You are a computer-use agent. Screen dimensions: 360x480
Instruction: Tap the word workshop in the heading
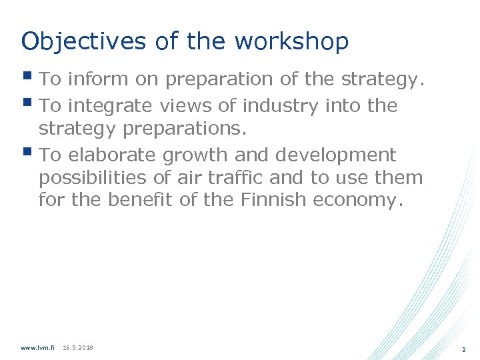[291, 41]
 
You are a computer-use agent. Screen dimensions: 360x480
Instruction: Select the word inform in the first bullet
[93, 79]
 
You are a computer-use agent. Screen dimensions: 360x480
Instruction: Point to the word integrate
[109, 105]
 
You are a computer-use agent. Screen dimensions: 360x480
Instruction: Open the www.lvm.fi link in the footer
[37, 347]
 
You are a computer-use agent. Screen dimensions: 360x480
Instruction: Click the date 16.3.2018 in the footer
[78, 347]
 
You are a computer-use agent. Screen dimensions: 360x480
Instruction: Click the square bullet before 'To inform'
[27, 77]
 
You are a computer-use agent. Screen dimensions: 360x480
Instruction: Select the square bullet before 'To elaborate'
[27, 153]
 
